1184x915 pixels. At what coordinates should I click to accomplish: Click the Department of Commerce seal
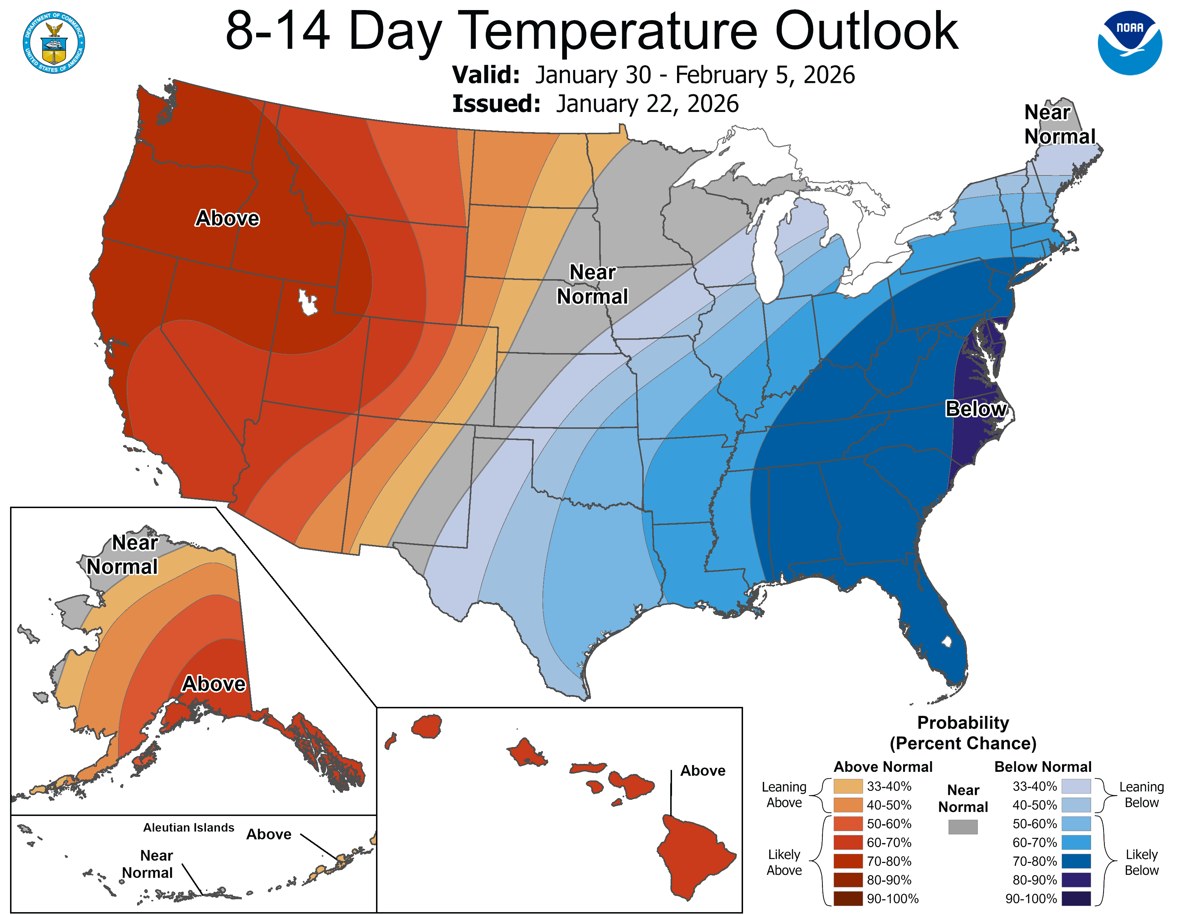coord(54,42)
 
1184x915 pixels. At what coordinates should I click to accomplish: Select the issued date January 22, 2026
coord(647,104)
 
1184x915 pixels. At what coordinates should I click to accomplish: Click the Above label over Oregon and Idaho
coord(227,219)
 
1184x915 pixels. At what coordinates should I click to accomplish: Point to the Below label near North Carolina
coord(976,409)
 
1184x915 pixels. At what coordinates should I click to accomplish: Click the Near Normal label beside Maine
coord(1059,125)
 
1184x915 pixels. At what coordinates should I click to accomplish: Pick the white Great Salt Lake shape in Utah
coord(308,302)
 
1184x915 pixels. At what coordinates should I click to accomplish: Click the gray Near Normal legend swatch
coord(963,827)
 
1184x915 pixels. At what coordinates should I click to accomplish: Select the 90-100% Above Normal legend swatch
coord(848,899)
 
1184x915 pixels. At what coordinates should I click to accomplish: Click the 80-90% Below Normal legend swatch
coord(1076,880)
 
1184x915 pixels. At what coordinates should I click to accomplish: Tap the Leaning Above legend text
coord(784,795)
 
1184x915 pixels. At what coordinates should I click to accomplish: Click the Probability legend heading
coord(963,723)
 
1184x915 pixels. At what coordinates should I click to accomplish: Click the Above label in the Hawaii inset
coord(703,771)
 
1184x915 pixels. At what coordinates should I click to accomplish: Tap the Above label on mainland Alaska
coord(213,684)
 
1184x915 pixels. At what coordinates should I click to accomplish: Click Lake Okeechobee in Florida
coord(946,642)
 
